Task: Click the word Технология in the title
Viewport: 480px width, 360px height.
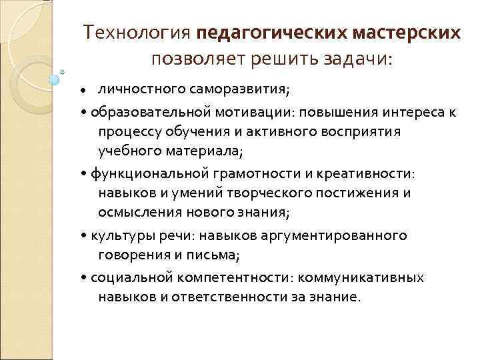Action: coord(136,33)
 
